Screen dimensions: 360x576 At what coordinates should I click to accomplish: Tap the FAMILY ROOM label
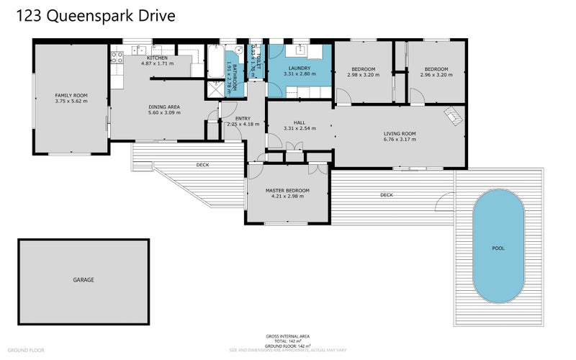[x=71, y=95]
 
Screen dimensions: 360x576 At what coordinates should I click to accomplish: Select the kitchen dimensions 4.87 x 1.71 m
[x=157, y=64]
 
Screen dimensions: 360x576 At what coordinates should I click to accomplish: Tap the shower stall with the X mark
[x=215, y=89]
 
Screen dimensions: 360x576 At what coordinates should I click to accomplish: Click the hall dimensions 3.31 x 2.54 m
[x=300, y=128]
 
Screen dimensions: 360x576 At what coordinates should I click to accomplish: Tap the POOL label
[x=498, y=248]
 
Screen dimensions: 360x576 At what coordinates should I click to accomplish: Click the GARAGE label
[x=83, y=279]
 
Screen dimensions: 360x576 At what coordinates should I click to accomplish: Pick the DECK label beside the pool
[x=387, y=194]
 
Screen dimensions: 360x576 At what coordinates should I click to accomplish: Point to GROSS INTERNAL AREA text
[x=287, y=336]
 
